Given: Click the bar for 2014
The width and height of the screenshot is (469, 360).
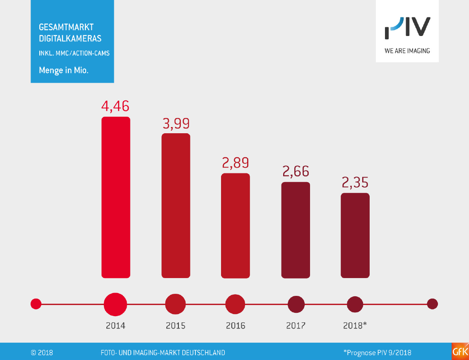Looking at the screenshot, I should pos(116,197).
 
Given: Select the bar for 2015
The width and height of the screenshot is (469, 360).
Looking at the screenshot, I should pos(176,206).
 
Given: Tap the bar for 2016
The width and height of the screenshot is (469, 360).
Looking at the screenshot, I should pos(236,226).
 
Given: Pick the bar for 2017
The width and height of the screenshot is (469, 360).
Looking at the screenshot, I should pos(296,230).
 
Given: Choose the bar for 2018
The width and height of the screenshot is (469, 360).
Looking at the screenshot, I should pos(355,235).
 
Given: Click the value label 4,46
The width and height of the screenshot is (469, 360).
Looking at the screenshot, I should pos(115,106).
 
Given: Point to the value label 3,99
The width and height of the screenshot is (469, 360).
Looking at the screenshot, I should pos(176,123).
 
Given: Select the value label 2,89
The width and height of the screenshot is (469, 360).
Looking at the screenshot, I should pos(236,163).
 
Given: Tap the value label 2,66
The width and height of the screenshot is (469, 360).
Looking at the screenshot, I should pos(295,171).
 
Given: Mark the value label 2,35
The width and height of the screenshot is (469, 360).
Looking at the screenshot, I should pos(355,183).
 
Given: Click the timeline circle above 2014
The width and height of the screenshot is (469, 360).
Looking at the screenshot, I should pos(115,305).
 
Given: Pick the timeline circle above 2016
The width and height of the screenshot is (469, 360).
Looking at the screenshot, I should pos(236,305).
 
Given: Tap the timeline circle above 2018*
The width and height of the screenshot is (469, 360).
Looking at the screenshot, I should pos(355,305).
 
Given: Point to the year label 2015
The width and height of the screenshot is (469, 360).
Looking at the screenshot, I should pos(176,326).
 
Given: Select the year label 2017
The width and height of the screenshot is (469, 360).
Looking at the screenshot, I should pos(296,326).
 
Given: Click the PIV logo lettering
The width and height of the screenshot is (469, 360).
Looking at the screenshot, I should pos(407,29).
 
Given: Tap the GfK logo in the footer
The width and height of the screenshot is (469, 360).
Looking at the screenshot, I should pos(460,352).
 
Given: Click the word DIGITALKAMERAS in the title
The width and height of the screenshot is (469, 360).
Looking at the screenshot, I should pos(70,38).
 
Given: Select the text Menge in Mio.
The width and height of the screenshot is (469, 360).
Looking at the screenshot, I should pos(64,70).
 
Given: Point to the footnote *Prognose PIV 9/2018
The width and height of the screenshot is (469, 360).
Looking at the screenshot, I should pos(377,353).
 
